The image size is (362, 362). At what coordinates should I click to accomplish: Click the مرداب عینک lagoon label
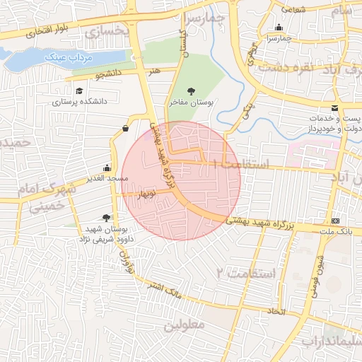pyautogui.click(x=64, y=56)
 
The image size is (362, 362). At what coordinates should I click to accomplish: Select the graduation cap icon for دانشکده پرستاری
pyautogui.click(x=79, y=91)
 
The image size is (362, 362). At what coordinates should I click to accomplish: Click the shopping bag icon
pyautogui.click(x=125, y=128)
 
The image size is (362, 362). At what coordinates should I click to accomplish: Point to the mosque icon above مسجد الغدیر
pyautogui.click(x=107, y=168)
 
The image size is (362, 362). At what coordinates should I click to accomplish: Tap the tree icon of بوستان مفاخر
pyautogui.click(x=191, y=90)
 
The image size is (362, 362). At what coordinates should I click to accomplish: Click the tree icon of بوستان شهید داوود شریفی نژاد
pyautogui.click(x=106, y=218)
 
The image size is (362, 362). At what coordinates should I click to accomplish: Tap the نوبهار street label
pyautogui.click(x=146, y=192)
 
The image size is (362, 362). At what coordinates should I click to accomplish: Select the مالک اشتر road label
pyautogui.click(x=163, y=290)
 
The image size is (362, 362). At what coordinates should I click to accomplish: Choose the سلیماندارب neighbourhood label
pyautogui.click(x=332, y=341)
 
